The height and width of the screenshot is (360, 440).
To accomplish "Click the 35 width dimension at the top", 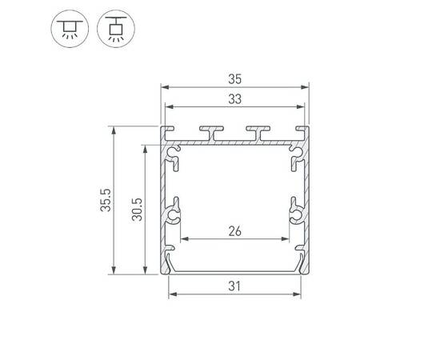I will tap(234, 78).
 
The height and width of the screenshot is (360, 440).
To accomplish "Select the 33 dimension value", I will tap(234, 98).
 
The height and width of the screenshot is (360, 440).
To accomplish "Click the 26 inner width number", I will tap(234, 232).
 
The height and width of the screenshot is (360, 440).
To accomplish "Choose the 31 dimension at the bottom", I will tap(234, 286).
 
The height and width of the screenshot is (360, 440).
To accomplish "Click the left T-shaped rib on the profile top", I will tap(212, 130).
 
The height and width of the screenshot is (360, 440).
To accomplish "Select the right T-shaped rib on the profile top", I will tap(258, 130).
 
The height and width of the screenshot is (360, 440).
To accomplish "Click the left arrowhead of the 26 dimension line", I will tap(185, 239).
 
